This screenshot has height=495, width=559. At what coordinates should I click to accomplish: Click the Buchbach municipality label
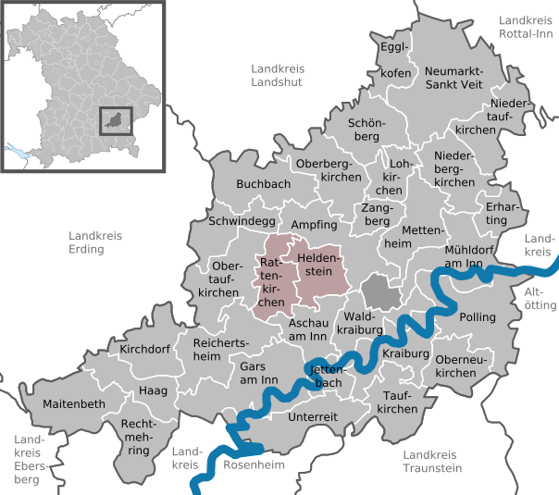[x=264, y=184]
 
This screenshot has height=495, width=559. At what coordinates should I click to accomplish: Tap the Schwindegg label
[x=242, y=222]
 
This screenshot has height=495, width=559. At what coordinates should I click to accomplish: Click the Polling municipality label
[x=478, y=317]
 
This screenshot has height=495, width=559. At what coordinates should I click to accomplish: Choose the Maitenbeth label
[x=74, y=404]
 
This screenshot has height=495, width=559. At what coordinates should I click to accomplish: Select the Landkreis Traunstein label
[x=432, y=461]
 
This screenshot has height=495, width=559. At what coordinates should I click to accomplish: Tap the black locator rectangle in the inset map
[x=116, y=121]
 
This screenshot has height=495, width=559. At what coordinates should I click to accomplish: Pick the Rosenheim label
[x=254, y=464]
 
